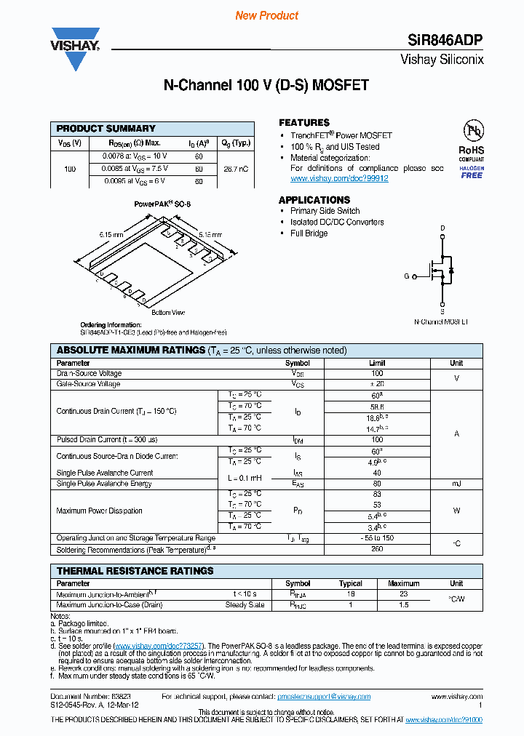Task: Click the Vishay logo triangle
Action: click(x=75, y=51)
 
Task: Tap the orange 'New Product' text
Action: click(x=267, y=15)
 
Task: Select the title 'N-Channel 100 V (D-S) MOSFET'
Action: click(x=266, y=86)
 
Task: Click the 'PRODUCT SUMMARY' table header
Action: click(x=106, y=128)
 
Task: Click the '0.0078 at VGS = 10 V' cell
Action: click(x=128, y=156)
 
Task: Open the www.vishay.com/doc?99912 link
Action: click(x=339, y=179)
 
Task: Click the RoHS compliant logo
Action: click(x=472, y=141)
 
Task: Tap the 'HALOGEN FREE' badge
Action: click(x=472, y=172)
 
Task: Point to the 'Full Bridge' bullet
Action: click(x=309, y=233)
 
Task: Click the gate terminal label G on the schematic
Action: click(x=407, y=276)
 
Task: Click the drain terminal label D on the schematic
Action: click(x=442, y=228)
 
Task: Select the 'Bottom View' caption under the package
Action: click(x=168, y=313)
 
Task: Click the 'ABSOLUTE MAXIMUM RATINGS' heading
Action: click(x=130, y=351)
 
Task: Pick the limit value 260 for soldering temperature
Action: click(x=377, y=550)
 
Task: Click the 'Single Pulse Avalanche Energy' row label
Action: click(x=104, y=484)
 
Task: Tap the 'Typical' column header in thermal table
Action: click(x=351, y=583)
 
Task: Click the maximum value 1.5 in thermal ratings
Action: click(x=403, y=605)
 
